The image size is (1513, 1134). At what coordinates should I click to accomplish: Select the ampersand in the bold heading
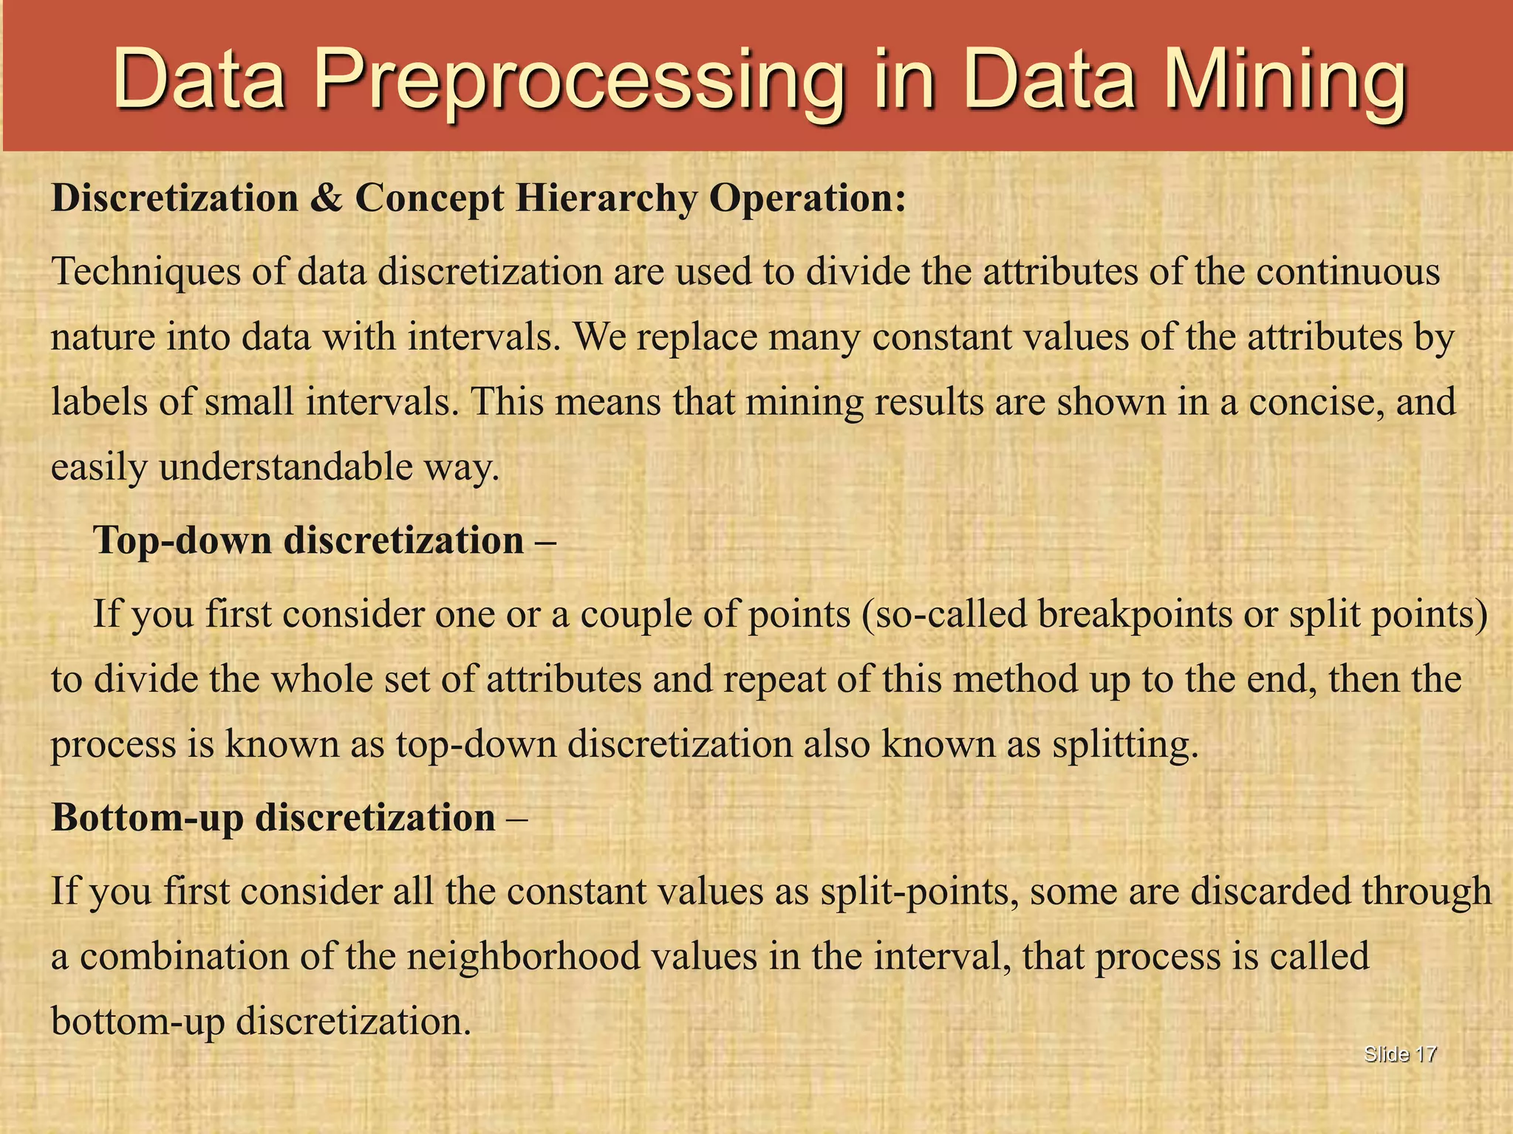pos(327,198)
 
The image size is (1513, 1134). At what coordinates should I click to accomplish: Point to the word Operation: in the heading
pos(807,198)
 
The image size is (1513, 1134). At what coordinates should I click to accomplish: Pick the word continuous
pos(1348,271)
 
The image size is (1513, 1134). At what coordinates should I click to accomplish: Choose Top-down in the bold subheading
pos(182,540)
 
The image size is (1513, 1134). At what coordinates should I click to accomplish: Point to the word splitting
pos(1124,744)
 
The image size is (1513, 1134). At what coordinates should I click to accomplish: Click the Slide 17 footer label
pos(1400,1054)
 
